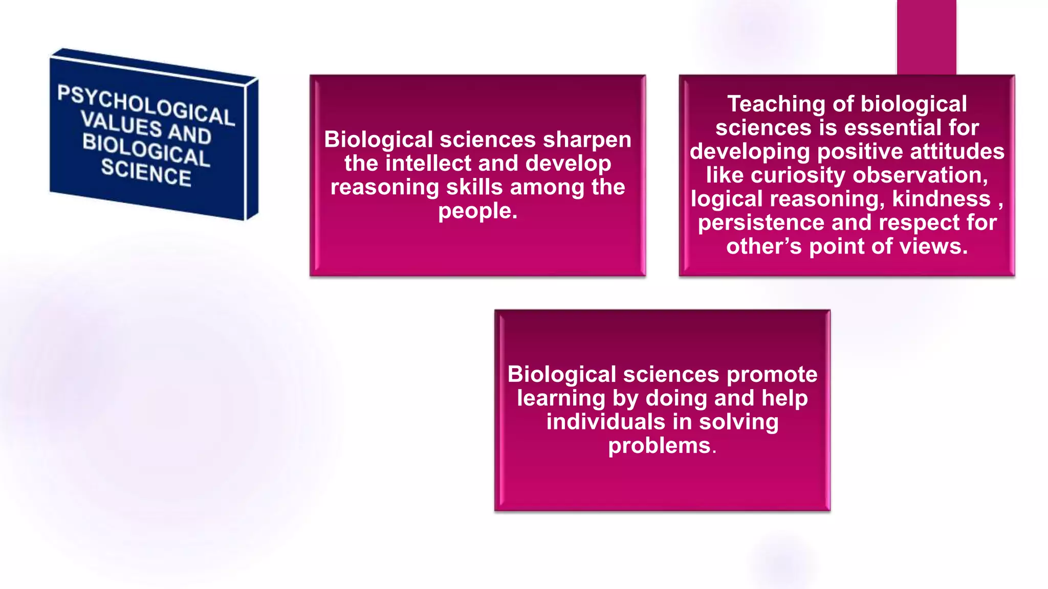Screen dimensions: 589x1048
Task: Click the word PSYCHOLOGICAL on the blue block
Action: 146,105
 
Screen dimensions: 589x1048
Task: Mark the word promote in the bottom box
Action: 772,375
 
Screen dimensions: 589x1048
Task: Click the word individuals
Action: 605,422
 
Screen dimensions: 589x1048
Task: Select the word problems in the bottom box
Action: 659,446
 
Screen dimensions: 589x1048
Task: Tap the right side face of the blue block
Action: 252,148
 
